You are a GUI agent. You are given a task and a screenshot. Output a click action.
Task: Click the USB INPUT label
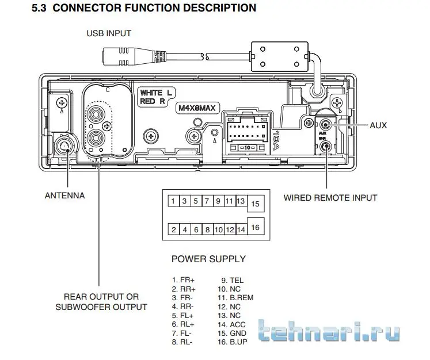pos(109,33)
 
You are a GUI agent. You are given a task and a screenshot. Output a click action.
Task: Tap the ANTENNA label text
pos(64,196)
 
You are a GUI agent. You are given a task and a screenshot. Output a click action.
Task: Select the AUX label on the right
pos(379,125)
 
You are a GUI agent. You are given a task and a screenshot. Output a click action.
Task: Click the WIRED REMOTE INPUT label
pos(330,198)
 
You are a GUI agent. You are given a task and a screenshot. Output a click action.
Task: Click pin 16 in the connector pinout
pos(256,227)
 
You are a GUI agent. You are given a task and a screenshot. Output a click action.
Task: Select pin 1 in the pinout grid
pos(173,201)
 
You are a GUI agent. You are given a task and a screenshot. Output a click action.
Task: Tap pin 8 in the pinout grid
pos(207,229)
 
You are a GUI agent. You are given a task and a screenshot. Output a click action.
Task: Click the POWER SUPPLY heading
pos(208,259)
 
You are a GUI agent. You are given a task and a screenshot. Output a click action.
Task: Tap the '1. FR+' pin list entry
pos(184,280)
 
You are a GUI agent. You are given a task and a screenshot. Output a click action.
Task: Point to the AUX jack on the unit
pos(326,125)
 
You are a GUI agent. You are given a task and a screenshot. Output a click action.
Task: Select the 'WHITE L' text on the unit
pos(156,93)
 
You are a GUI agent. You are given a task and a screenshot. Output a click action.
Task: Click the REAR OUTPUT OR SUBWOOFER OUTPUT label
pos(101,302)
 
